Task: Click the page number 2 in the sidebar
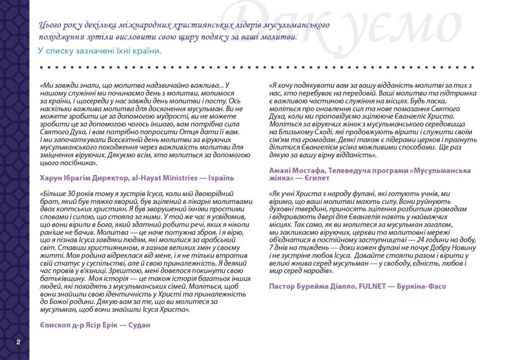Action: (x=18, y=342)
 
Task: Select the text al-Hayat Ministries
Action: (x=160, y=178)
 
